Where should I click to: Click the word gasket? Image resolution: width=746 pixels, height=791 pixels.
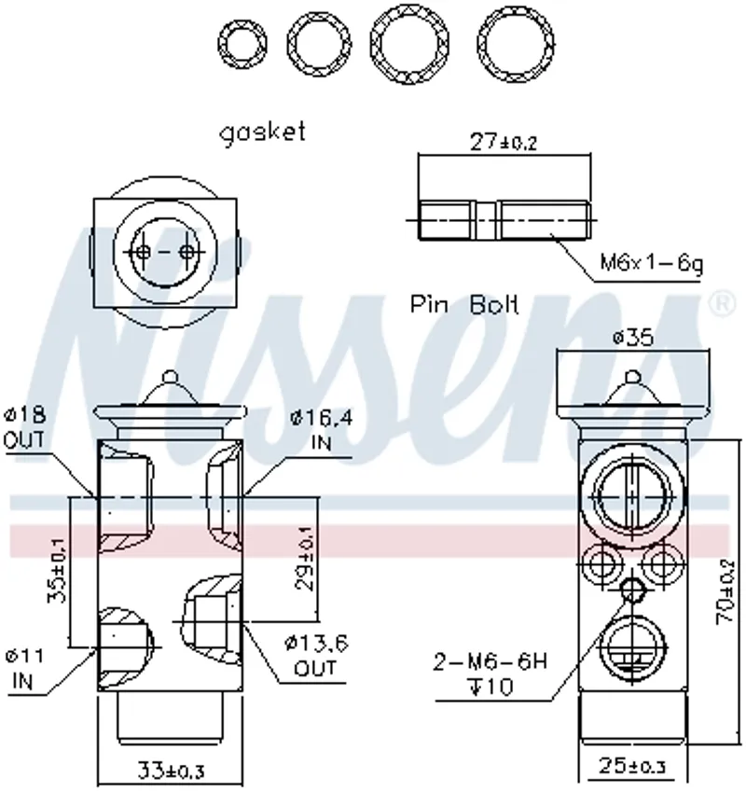pyautogui.click(x=262, y=133)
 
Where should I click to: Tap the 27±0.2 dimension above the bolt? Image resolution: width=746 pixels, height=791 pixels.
pyautogui.click(x=503, y=142)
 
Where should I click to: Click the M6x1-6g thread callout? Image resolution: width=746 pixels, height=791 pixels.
pyautogui.click(x=651, y=263)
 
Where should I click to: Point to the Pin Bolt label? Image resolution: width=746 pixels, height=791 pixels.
pyautogui.click(x=464, y=304)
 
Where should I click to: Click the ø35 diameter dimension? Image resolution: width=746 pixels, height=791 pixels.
pyautogui.click(x=633, y=337)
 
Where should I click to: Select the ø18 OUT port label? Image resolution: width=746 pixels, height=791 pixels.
pyautogui.click(x=23, y=428)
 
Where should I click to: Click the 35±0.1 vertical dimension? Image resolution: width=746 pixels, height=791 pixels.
pyautogui.click(x=56, y=570)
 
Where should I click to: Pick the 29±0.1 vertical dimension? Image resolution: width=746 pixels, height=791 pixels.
pyautogui.click(x=304, y=559)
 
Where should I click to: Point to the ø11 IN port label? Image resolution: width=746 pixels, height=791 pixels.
pyautogui.click(x=23, y=670)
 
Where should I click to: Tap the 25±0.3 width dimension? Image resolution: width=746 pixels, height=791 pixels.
pyautogui.click(x=632, y=766)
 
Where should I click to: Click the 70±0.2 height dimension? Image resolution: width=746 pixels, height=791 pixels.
pyautogui.click(x=725, y=591)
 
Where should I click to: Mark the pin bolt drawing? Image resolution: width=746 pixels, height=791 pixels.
pyautogui.click(x=504, y=220)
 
